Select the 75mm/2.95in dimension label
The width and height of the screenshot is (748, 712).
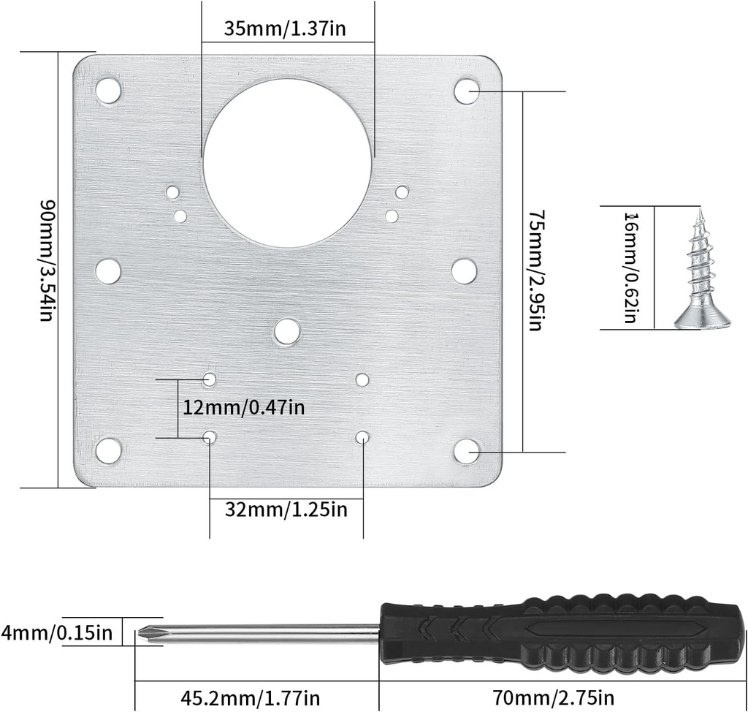pos(537,270)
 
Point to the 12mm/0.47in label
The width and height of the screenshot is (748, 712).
pos(243,407)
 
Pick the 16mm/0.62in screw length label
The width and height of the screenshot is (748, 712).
pos(629,268)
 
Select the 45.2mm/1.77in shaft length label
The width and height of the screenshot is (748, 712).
pos(250,697)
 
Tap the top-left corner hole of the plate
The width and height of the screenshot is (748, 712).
pos(109,90)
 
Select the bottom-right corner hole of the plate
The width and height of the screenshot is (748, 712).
pos(466,451)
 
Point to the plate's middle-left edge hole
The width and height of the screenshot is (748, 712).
pos(109,270)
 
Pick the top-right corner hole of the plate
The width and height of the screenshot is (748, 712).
pos(466,91)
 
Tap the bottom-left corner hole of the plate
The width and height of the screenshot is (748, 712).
pos(109,451)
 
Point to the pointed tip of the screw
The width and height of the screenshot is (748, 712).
pos(699,213)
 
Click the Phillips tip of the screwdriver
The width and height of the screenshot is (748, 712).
pos(148,633)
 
